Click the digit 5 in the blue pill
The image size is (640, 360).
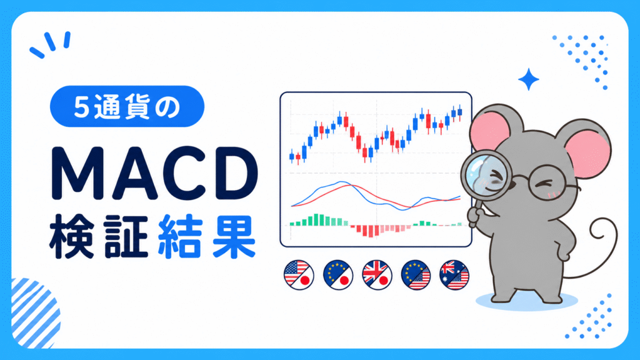[82, 107]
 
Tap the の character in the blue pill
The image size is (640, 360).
[167, 107]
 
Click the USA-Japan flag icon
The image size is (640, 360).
[299, 275]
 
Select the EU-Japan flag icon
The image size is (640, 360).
[338, 275]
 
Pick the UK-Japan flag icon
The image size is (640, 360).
[377, 275]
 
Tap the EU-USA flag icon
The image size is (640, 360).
[416, 275]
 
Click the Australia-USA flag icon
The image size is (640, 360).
[455, 275]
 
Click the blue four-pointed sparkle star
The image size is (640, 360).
[529, 79]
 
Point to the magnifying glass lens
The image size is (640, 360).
[486, 176]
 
